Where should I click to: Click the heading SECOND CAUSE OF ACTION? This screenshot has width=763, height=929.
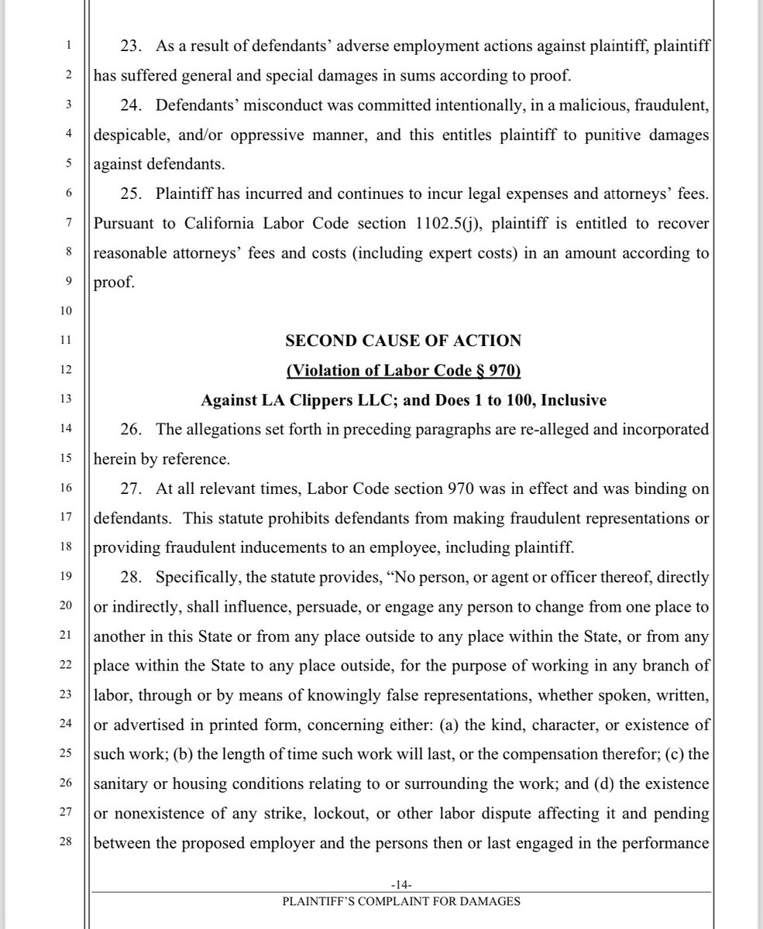[x=403, y=341]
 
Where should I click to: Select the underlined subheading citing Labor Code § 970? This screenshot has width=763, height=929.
[x=403, y=371]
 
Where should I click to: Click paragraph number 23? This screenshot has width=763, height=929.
[x=132, y=47]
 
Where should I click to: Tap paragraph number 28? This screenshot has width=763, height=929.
[x=132, y=577]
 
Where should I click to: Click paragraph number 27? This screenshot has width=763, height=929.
[x=132, y=488]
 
